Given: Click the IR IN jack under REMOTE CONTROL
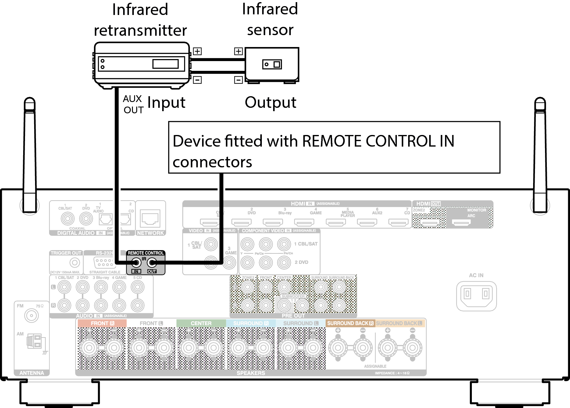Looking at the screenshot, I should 136,262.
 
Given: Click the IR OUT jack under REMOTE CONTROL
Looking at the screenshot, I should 152,262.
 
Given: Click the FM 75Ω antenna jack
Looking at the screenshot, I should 31,316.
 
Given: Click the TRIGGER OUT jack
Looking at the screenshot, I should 74,262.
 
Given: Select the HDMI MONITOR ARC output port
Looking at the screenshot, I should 461,223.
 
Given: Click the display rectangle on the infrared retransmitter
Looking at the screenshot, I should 166,64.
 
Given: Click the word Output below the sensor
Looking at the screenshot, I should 270,103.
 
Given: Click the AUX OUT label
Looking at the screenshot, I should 133,104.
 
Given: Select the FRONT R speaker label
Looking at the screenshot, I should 102,323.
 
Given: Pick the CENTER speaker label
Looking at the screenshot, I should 201,323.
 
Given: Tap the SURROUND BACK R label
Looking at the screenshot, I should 350,323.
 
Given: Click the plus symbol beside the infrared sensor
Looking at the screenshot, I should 238,51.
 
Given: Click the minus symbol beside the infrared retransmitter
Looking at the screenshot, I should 198,80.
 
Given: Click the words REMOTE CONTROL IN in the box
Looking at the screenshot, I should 378,141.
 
